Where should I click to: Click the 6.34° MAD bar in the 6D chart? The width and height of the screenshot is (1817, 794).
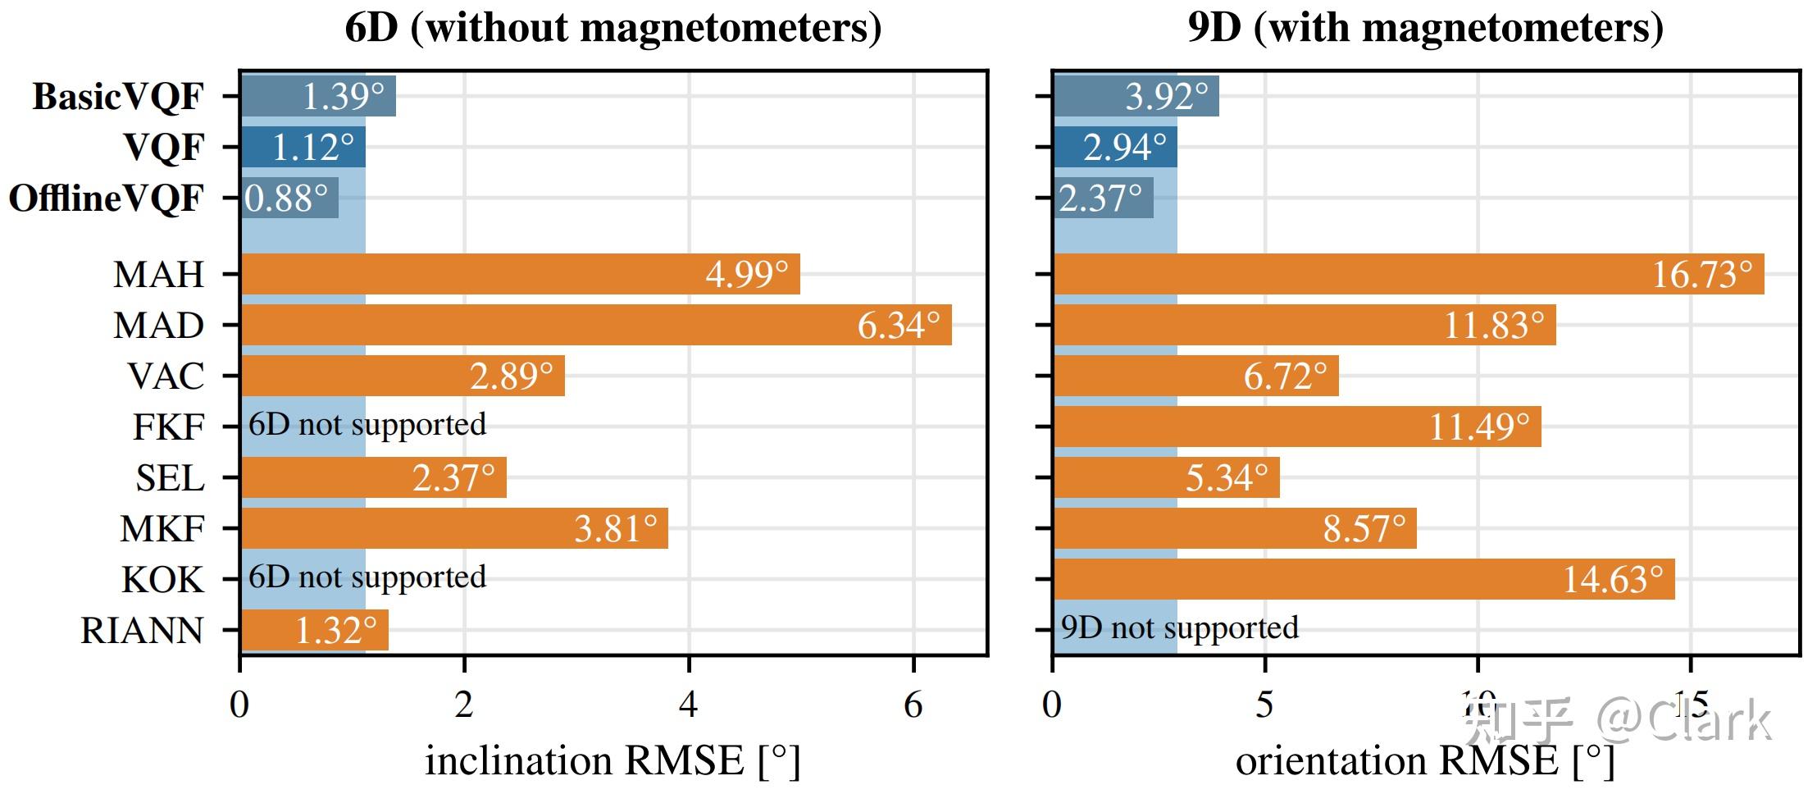596,325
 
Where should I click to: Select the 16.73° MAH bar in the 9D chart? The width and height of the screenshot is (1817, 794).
1408,274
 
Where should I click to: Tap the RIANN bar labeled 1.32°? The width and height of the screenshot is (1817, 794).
314,631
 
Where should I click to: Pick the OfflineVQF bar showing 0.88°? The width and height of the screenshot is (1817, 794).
289,198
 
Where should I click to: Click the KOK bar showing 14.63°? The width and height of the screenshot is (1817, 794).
1364,579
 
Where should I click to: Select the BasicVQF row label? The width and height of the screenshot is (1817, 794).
117,97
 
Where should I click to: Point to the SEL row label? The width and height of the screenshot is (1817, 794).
170,477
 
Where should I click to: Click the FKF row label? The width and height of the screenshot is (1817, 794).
168,427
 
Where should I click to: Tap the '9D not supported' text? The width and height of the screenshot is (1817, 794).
1179,627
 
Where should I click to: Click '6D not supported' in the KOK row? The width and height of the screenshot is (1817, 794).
367,577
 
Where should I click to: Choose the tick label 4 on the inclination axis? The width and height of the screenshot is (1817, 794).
688,705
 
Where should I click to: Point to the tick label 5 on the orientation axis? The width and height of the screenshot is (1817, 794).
1264,705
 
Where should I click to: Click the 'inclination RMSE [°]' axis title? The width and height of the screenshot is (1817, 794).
612,760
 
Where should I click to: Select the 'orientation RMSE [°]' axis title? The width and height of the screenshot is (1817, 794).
1425,760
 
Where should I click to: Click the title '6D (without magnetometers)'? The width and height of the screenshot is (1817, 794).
612,28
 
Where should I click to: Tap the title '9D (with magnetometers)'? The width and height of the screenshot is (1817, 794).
1425,28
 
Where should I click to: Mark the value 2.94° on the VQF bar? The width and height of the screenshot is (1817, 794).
1124,148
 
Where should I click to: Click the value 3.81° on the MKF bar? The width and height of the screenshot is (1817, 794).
615,529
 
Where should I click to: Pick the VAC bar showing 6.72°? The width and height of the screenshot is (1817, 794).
1195,376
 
